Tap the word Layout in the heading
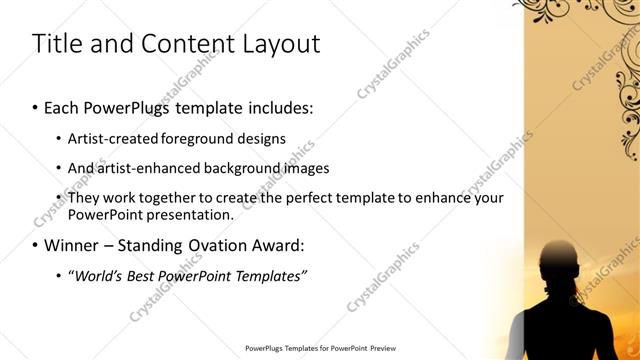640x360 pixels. pyautogui.click(x=278, y=44)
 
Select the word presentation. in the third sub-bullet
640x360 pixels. pyautogui.click(x=189, y=214)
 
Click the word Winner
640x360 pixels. pyautogui.click(x=72, y=245)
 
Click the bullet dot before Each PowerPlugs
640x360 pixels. pyautogui.click(x=36, y=105)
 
